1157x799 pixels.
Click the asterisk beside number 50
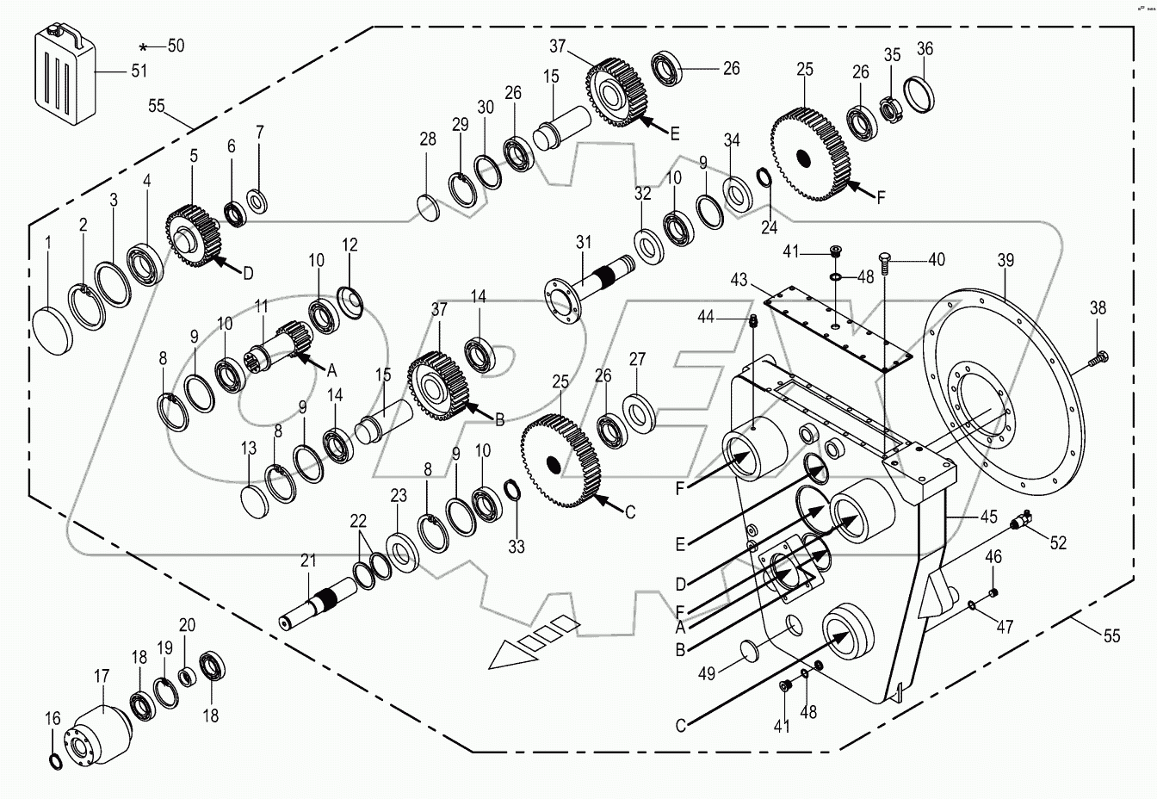[x=145, y=46]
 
